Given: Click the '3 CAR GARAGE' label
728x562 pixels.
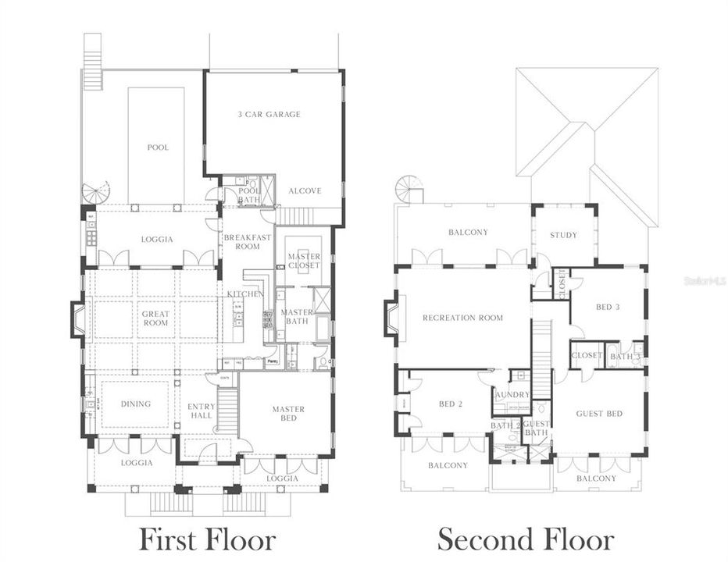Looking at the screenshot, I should (x=269, y=115).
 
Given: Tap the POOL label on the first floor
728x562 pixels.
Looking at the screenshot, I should (x=158, y=148).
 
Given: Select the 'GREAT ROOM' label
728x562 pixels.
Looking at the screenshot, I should (x=155, y=318).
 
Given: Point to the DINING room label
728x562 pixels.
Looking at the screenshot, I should (x=135, y=404).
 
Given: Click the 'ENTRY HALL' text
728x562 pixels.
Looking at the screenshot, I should (x=201, y=411).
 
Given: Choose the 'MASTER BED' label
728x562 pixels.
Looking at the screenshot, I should (x=288, y=414).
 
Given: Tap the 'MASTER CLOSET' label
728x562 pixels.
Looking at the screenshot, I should (x=304, y=261).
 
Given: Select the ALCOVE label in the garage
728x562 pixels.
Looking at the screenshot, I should (x=304, y=190).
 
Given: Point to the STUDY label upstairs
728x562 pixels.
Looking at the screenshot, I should (x=563, y=235).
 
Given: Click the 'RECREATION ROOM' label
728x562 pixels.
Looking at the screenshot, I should (x=462, y=318).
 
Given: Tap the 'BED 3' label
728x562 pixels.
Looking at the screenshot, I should (x=608, y=308).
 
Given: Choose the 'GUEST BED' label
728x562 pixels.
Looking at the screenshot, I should (x=599, y=414).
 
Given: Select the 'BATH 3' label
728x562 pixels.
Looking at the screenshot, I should (x=625, y=357).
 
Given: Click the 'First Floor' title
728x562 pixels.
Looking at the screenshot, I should (x=207, y=539).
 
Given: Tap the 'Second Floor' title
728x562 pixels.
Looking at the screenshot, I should (x=525, y=539).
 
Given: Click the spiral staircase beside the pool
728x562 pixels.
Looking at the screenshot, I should (x=98, y=192).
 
